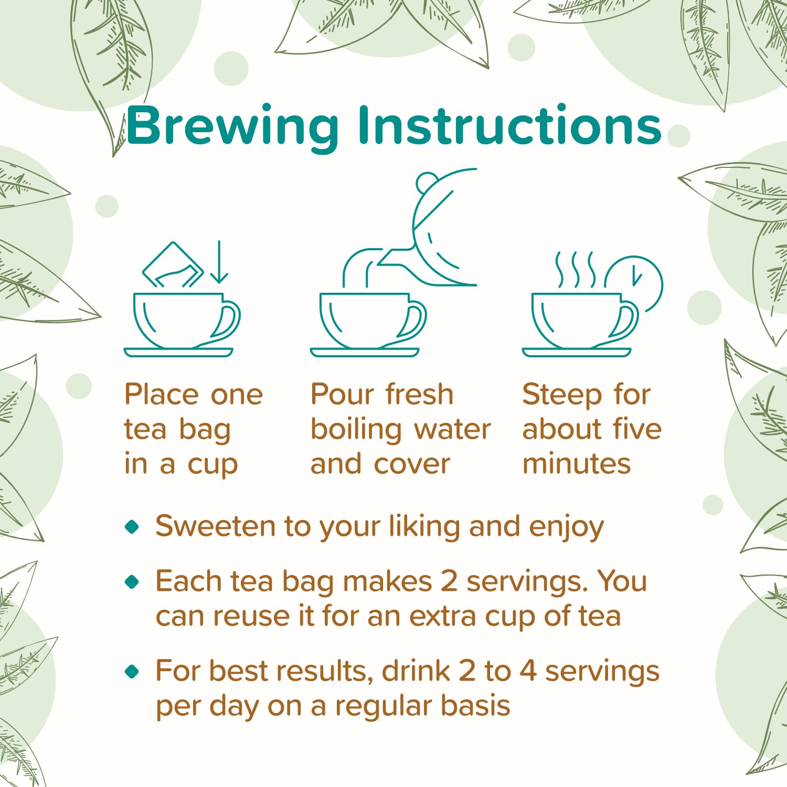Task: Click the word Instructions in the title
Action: pos(509,125)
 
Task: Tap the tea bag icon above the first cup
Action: pos(173,265)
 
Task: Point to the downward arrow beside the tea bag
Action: pos(219,262)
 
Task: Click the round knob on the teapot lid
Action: pos(427,183)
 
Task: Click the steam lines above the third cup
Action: pos(576,270)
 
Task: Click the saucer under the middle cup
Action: pos(365,353)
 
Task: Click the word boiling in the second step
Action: pos(357,430)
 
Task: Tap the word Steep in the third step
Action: pos(562,395)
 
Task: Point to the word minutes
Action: pos(577,464)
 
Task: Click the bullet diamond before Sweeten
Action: pos(132,526)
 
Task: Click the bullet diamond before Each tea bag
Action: pos(132,581)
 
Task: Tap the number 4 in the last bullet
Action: pos(528,671)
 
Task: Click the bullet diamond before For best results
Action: pos(132,671)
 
